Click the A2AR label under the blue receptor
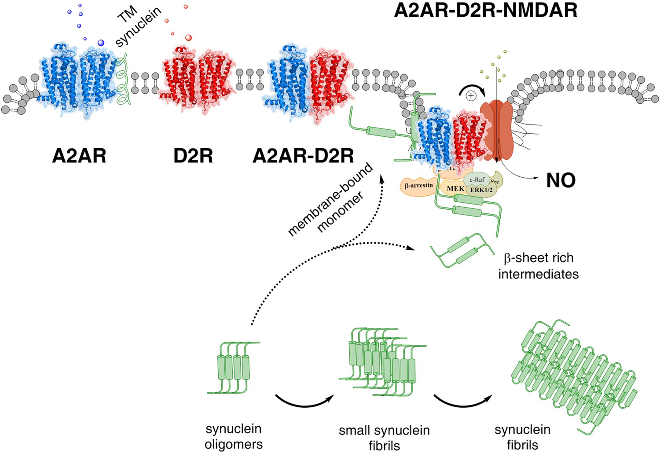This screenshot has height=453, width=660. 79,156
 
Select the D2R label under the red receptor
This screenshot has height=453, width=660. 193,156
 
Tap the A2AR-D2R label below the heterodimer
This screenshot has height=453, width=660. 303,156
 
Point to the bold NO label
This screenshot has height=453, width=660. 561,180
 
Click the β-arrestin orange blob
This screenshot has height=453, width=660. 418,186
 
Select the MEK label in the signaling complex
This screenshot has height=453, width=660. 455,189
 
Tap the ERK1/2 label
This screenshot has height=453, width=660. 481,190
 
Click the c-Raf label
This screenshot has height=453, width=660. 477,179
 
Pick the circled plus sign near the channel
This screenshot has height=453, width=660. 471,95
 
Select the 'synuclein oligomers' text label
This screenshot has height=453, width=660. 234,436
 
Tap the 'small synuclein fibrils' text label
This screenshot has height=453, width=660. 384,438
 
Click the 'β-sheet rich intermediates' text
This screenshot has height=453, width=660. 538,266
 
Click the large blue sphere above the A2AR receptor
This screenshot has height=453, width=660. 101,43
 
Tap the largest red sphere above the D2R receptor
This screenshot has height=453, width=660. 188,38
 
